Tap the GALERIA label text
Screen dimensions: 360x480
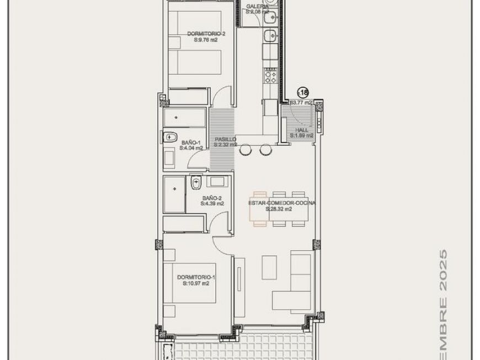pos(258,7)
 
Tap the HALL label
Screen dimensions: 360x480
pos(302,130)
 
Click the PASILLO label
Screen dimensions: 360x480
pos(226,139)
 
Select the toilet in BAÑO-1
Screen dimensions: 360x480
pos(169,136)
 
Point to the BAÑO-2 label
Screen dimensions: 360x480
pos(212,198)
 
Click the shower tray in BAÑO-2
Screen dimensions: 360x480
pos(174,194)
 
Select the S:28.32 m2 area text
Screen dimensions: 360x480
pos(282,209)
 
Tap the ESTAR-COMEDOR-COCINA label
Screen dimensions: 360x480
pos(282,203)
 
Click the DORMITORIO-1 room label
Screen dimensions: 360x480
pos(196,277)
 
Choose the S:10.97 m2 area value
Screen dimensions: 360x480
pos(196,284)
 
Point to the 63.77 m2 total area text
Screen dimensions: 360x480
pos(302,103)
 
